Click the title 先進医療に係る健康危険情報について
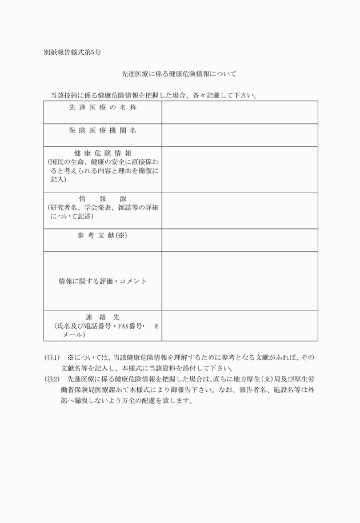pos(179,74)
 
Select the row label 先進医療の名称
pos(103,107)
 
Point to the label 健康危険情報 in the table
pos(103,154)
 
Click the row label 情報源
pos(103,199)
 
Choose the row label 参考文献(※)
pos(103,236)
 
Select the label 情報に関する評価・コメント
pos(103,281)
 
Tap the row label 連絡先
pos(103,317)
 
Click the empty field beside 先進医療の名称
pos(239,112)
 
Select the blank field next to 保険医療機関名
pos(239,135)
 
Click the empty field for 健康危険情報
pos(239,169)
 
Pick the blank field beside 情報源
pos(239,210)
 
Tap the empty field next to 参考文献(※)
pos(239,240)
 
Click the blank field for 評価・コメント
pos(239,281)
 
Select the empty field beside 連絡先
pos(239,326)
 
